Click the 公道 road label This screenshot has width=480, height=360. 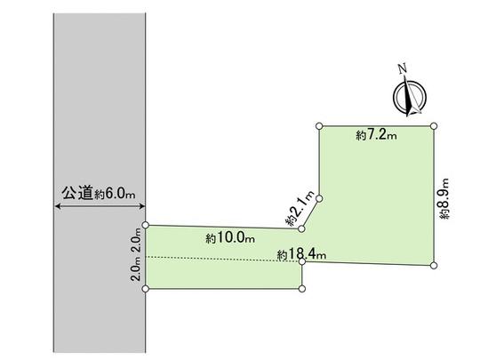(76, 192)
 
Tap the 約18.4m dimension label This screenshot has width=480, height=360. (301, 254)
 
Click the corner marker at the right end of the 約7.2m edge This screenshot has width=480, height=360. (435, 126)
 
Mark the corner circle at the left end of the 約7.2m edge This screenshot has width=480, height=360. (317, 126)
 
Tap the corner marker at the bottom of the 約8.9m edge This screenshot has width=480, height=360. (435, 265)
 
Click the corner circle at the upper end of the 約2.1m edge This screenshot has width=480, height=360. (318, 198)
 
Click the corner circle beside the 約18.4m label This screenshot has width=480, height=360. (303, 262)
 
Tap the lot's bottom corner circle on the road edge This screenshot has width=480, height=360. (145, 288)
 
